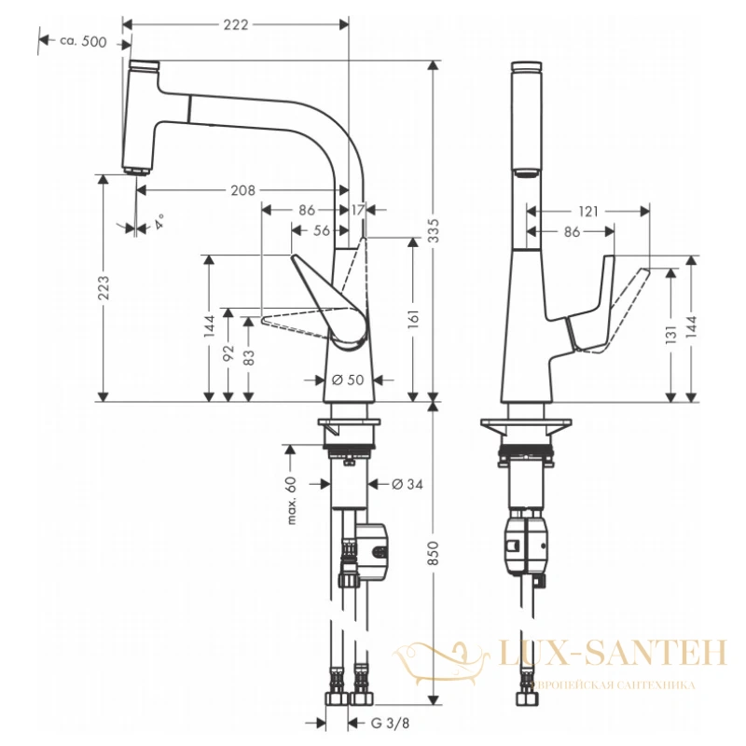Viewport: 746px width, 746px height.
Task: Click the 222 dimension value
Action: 236,24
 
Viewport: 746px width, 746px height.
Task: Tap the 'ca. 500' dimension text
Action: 83,41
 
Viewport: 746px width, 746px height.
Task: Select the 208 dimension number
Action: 243,190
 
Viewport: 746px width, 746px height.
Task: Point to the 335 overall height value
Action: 434,230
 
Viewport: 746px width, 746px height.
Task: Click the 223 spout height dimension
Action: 104,287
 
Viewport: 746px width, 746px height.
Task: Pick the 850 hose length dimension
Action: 434,553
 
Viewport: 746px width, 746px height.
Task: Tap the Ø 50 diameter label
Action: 348,380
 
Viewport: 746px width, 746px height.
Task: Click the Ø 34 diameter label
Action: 408,484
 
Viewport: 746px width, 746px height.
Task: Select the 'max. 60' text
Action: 292,501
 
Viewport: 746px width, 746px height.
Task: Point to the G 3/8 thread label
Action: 390,724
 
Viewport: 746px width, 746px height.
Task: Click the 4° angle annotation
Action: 159,222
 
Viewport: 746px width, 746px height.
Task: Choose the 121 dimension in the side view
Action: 588,212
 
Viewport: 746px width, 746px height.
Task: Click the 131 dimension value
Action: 670,335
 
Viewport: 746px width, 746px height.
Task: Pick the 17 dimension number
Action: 358,210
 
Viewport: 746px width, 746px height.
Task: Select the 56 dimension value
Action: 322,230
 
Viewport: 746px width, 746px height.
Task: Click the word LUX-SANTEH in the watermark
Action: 613,652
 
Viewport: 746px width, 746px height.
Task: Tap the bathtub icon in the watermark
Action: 441,663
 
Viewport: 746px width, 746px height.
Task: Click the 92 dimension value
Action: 228,352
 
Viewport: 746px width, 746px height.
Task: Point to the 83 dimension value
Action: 249,357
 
